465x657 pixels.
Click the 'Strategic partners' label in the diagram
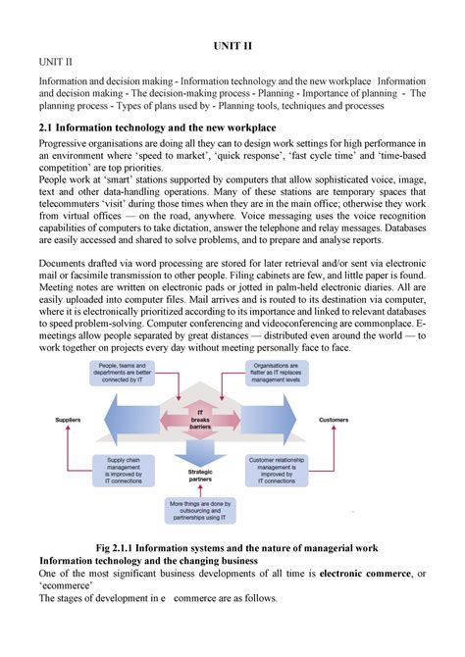tap(200, 476)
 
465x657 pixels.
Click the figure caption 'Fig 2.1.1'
tap(232, 546)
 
